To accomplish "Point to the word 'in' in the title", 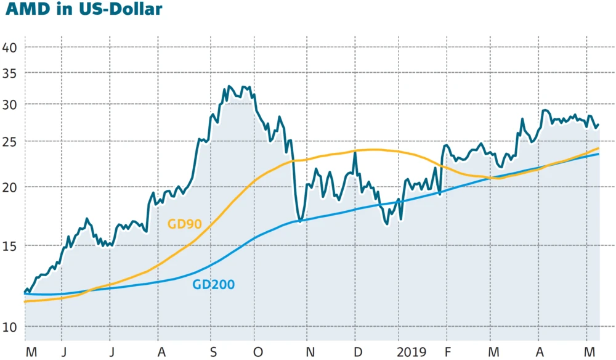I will pyautogui.click(x=65, y=9).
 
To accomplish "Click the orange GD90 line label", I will pyautogui.click(x=184, y=224).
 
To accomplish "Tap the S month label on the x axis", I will pyautogui.click(x=213, y=352).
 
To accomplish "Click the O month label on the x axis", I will pyautogui.click(x=258, y=352).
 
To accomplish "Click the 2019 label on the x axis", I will pyautogui.click(x=411, y=352).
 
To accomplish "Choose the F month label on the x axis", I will pyautogui.click(x=448, y=352).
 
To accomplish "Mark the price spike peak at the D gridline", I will pyautogui.click(x=355, y=152).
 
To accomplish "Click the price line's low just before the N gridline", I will pyautogui.click(x=300, y=221).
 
